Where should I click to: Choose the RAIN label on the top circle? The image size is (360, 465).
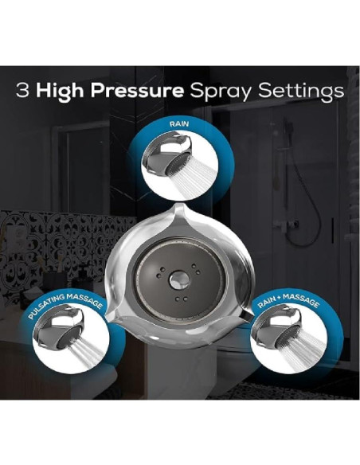coord(180,126)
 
